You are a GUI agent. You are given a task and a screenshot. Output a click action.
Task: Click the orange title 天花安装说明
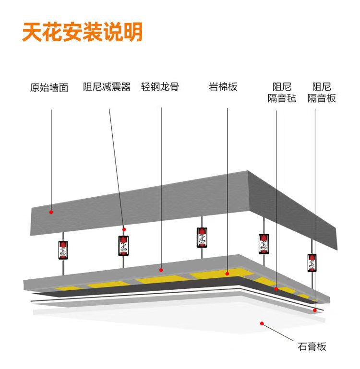point(82,32)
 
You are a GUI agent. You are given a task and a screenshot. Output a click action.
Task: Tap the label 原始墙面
point(49,88)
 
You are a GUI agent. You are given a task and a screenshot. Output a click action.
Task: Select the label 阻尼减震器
point(107,87)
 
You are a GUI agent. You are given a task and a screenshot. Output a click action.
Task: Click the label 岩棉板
point(223,87)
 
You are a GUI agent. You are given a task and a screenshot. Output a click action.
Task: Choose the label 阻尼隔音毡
point(282,93)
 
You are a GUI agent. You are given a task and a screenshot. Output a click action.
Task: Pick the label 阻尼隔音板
point(322,93)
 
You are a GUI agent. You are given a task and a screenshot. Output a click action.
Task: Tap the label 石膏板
point(312,346)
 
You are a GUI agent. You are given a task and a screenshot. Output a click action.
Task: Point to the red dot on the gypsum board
point(262,323)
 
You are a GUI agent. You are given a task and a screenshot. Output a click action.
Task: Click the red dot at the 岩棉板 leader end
point(228,274)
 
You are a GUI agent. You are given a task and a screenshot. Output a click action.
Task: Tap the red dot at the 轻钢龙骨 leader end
point(162,270)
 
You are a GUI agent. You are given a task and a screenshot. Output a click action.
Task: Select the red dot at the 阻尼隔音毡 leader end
point(276,289)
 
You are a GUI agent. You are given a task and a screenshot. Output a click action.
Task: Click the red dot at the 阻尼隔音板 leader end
point(315,310)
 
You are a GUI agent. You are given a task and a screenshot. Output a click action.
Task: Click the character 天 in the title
point(35,32)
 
